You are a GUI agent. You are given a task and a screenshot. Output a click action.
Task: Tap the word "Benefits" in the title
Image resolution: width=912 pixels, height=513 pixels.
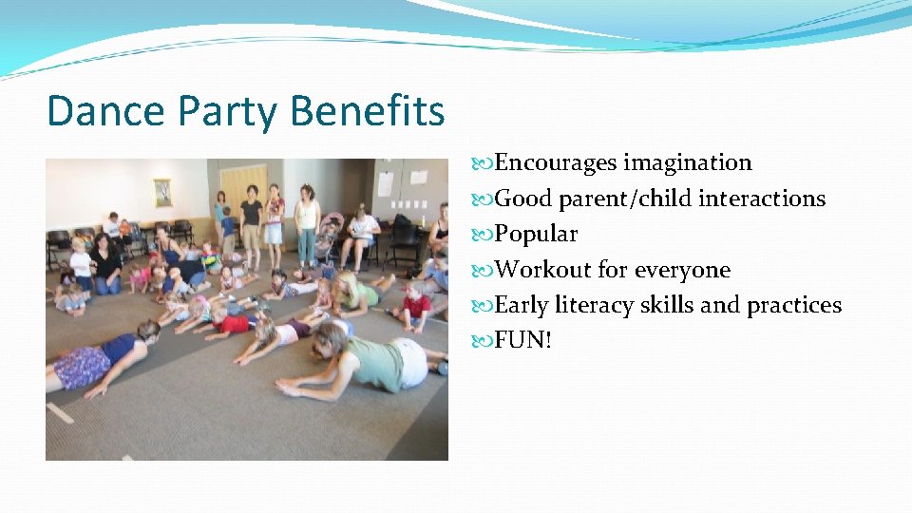click(368, 111)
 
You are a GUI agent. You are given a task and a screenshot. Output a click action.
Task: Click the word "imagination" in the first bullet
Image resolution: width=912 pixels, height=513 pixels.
click(687, 163)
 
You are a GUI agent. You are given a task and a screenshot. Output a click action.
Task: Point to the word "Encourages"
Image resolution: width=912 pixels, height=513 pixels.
click(556, 163)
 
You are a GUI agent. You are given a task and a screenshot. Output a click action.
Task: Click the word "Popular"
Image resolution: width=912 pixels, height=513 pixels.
click(536, 234)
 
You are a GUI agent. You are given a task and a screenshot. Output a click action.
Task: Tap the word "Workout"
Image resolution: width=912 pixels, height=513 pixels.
click(542, 270)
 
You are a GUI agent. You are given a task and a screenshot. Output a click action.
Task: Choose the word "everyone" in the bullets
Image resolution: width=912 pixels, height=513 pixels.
click(682, 270)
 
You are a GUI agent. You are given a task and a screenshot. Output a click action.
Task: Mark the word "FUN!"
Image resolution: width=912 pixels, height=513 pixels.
click(523, 340)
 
